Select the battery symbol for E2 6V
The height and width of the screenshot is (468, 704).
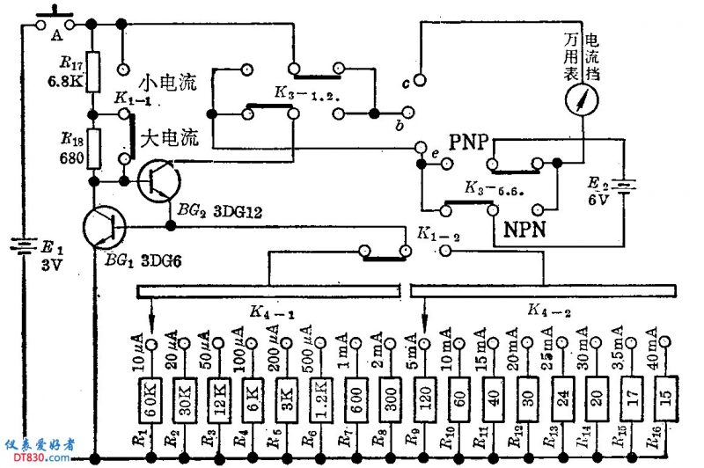[625, 186]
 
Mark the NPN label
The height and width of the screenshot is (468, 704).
[526, 230]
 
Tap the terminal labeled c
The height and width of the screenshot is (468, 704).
[422, 81]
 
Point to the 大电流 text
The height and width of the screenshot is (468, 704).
[171, 138]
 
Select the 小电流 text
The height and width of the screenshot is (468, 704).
[171, 84]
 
